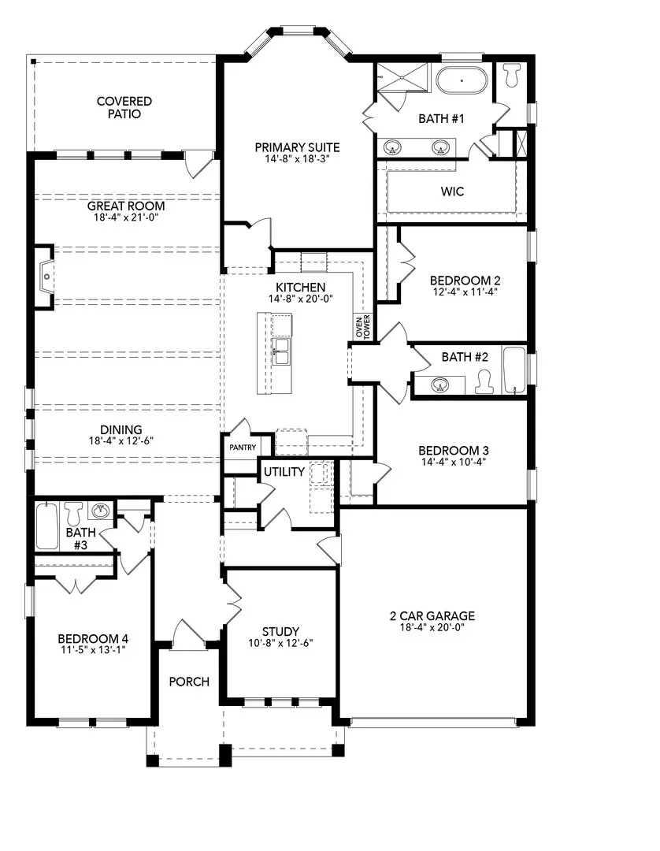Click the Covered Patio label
(x=124, y=107)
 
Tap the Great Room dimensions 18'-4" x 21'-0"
(x=126, y=218)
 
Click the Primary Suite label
(x=297, y=147)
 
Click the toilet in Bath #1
(x=513, y=76)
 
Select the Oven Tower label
(x=362, y=329)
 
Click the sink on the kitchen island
(x=281, y=350)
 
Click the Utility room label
(x=284, y=471)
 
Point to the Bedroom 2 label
(x=465, y=280)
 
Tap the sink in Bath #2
(x=441, y=384)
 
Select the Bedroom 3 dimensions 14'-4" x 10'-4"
(x=453, y=462)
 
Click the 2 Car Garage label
(x=432, y=615)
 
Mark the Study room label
(x=280, y=631)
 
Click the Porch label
(x=189, y=681)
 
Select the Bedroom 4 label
(x=92, y=638)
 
